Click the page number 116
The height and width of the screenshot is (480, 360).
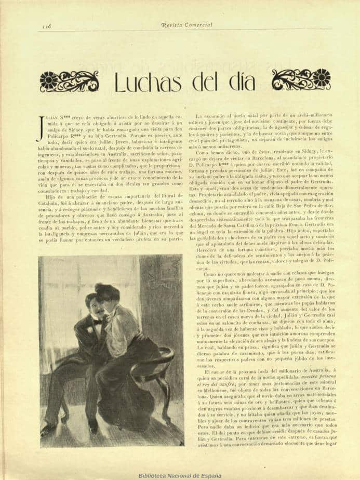pos(46,25)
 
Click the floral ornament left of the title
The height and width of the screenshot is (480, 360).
pos(69,81)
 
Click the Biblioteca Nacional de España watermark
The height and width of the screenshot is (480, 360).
pos(180,475)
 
